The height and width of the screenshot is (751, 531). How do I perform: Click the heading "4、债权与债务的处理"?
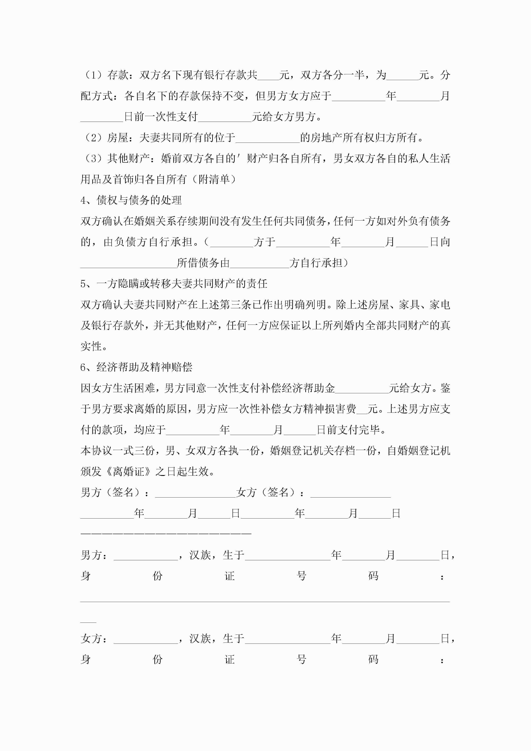coord(131,200)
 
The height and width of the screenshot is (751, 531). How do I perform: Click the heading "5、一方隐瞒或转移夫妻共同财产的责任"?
coord(174,284)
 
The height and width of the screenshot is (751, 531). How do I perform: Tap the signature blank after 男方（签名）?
coord(195,493)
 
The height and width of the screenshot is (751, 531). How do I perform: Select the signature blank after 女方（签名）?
coord(351,493)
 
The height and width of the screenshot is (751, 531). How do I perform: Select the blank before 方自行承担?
coord(260,264)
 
